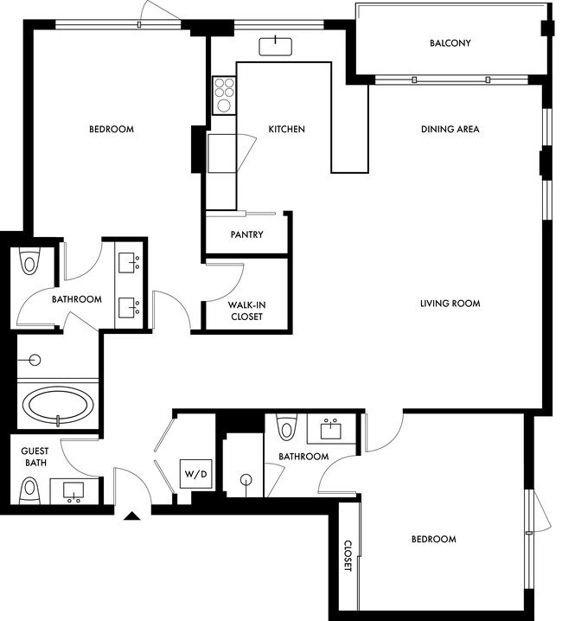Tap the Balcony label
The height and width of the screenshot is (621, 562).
(x=450, y=43)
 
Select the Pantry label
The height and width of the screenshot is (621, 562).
(x=246, y=234)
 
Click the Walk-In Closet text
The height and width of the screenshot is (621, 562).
(x=246, y=310)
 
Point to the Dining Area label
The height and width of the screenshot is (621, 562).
(x=450, y=130)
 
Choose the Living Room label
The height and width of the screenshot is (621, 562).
(x=450, y=304)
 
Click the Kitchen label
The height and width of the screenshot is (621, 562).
(x=286, y=130)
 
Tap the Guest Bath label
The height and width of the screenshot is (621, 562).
(x=35, y=457)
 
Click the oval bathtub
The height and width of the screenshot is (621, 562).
(x=58, y=404)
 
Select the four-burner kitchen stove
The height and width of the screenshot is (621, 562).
(x=224, y=93)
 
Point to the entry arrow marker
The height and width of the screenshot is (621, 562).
(x=131, y=516)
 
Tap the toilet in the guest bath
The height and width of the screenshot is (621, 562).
(x=32, y=490)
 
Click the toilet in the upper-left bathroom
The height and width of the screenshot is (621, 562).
(x=31, y=260)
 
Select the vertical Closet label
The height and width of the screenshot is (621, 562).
(x=348, y=556)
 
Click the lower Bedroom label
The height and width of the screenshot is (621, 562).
(x=433, y=540)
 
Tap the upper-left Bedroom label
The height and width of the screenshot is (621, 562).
(x=112, y=130)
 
